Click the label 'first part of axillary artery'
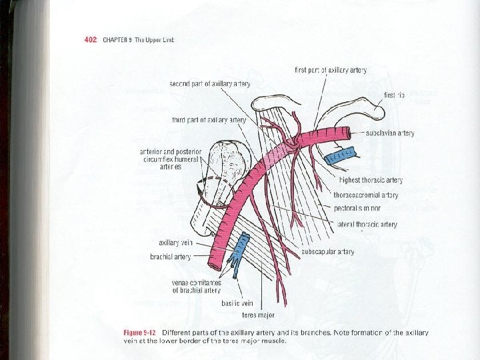click(331, 70)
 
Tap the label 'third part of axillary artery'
click(209, 120)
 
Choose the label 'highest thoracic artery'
click(371, 180)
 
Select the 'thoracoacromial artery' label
click(366, 195)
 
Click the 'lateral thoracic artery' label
click(367, 225)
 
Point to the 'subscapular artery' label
click(327, 252)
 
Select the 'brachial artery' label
click(171, 257)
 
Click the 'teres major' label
click(259, 315)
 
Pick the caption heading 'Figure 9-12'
click(142, 333)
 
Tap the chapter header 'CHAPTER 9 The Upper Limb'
click(138, 39)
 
